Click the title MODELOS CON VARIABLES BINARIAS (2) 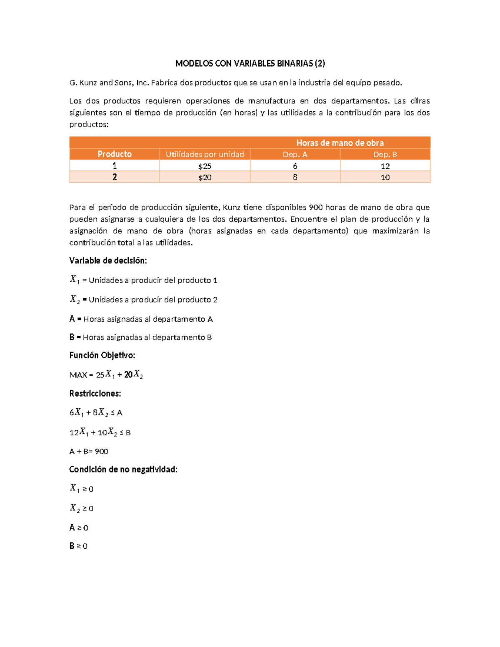click(250, 63)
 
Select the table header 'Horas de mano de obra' click(340, 143)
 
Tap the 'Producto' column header click(115, 154)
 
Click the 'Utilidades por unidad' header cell click(205, 155)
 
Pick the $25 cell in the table click(205, 166)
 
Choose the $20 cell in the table click(205, 177)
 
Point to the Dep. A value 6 click(295, 166)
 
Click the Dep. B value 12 click(385, 166)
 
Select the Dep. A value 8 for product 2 click(295, 177)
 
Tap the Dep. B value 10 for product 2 click(385, 177)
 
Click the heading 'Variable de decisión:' click(108, 261)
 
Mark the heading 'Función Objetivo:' click(102, 355)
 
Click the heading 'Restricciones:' click(95, 394)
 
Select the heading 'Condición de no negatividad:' click(123, 470)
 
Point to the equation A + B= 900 click(89, 451)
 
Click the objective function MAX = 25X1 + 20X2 click(106, 375)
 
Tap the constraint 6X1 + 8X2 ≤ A click(96, 412)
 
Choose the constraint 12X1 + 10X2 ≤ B click(100, 432)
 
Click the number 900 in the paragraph click(315, 207)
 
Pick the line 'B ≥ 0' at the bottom click(78, 546)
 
